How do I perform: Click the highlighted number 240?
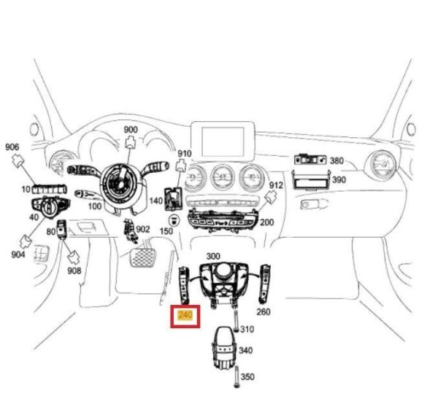(185, 315)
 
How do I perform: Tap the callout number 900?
(131, 130)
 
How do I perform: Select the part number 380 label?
(337, 160)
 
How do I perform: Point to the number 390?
(339, 179)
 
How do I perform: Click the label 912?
(276, 185)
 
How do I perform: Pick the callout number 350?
(247, 377)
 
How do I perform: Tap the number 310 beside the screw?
(247, 330)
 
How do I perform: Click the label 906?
(12, 147)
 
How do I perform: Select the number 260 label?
(264, 311)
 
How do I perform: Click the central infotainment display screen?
(223, 141)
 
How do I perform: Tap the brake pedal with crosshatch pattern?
(142, 257)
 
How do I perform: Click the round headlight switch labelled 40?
(50, 207)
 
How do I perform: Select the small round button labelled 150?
(174, 220)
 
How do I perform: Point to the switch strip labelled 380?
(310, 160)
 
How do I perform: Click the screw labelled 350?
(237, 377)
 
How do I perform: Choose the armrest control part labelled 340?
(223, 348)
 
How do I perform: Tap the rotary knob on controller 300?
(223, 271)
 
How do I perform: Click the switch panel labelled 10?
(50, 189)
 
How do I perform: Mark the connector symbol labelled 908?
(74, 258)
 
